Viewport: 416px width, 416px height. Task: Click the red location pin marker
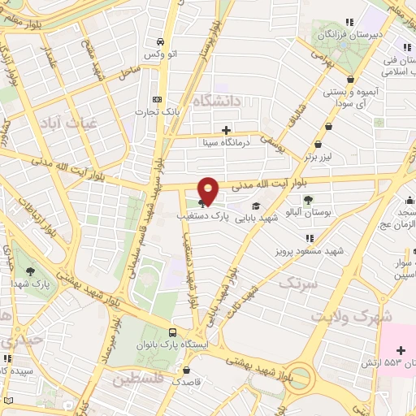click(209, 191)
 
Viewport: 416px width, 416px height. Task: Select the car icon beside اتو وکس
click(161, 41)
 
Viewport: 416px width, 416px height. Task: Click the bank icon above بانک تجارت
click(158, 99)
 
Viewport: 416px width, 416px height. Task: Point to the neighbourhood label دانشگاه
click(219, 102)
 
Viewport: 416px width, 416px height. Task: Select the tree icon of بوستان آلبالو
click(308, 200)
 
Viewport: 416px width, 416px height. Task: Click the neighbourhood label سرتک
click(296, 284)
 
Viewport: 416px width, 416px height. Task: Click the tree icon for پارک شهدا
click(31, 271)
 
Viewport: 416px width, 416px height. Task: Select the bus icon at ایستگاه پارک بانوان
click(172, 332)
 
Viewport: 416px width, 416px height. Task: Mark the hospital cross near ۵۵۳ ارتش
click(401, 349)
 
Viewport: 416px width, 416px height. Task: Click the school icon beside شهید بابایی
click(257, 206)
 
